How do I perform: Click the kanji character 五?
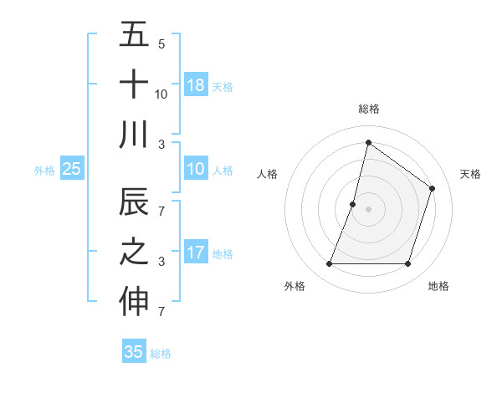pos(134,35)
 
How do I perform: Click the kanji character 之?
pos(134,253)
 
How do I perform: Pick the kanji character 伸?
pos(134,302)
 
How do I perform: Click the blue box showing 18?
pos(196,84)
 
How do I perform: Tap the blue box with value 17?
pos(196,253)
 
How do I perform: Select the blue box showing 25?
pos(71,169)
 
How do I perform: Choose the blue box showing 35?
pos(134,352)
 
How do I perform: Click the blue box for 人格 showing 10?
pos(196,169)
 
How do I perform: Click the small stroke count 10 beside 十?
pos(161,94)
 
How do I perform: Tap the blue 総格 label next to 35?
pos(161,354)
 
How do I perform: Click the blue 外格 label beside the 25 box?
pos(44,170)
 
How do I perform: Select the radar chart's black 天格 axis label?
pos(470,174)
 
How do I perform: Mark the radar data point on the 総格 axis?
pos(368,142)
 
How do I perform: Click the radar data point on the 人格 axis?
pos(353,204)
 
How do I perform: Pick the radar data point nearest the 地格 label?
pos(407,263)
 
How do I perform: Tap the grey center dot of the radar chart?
pos(368,209)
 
